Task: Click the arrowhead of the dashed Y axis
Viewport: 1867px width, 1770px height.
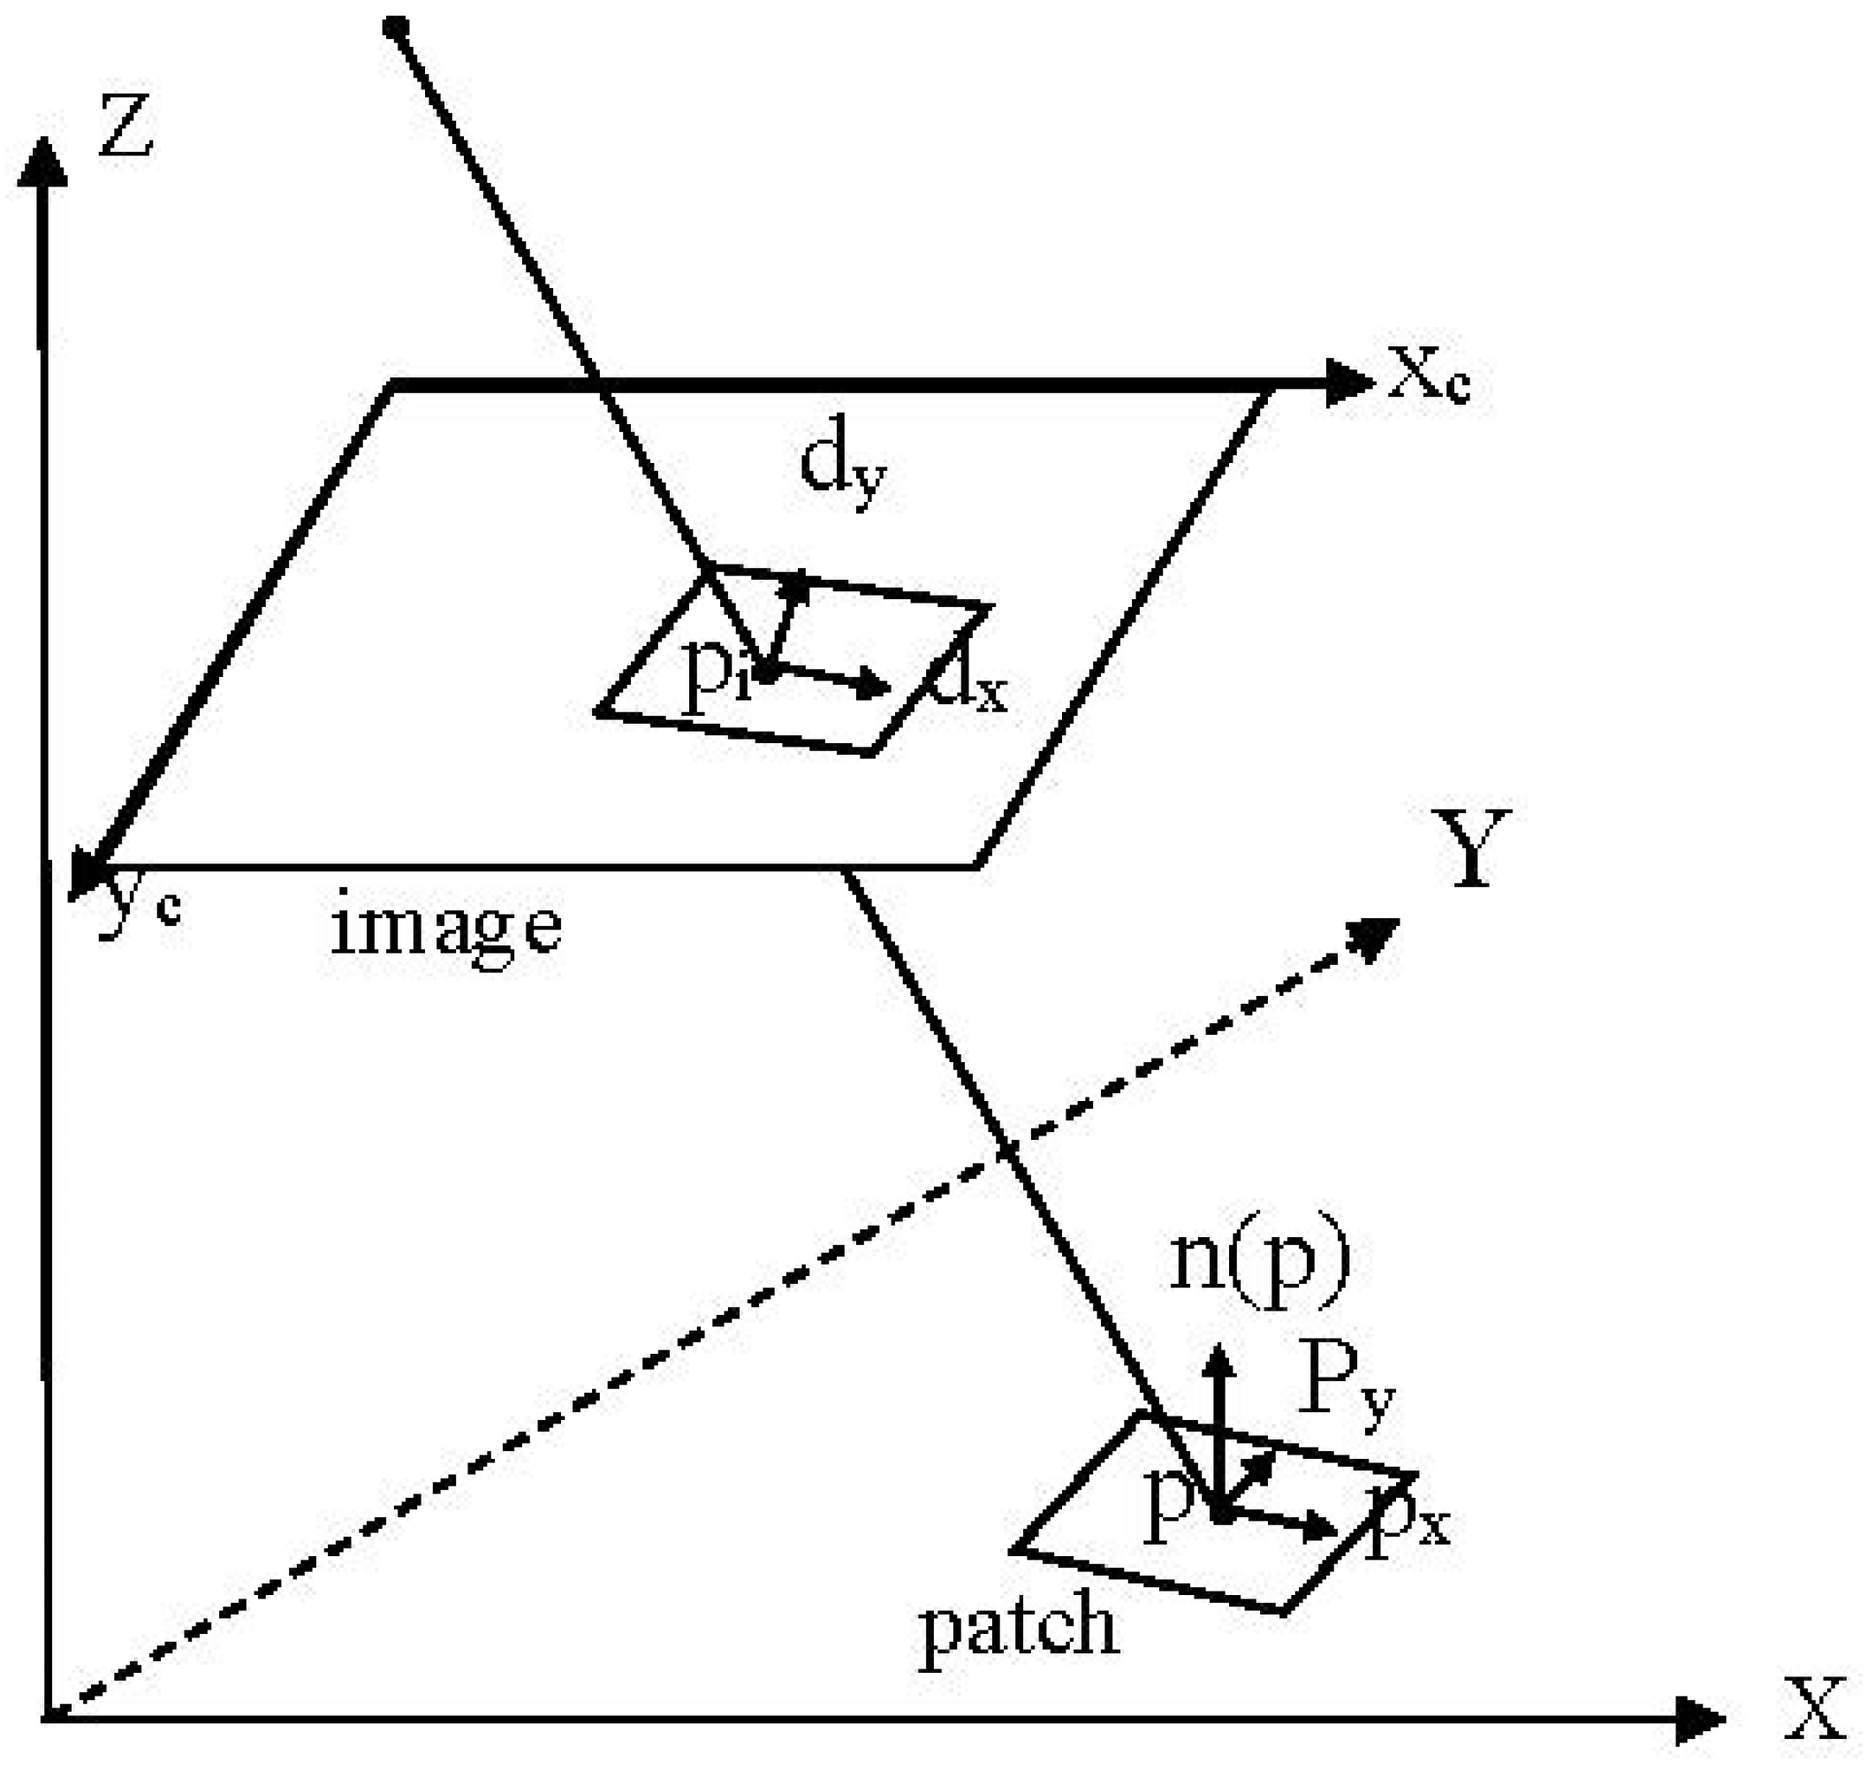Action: point(1377,938)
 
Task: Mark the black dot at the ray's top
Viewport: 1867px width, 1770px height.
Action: point(396,27)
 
